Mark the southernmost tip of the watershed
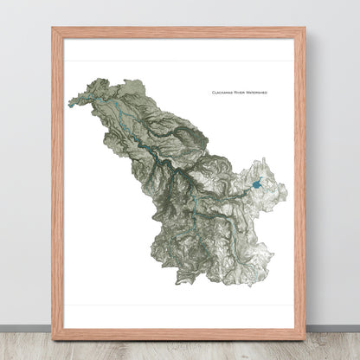point(183,283)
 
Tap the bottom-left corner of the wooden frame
point(53,338)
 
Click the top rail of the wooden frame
point(179,33)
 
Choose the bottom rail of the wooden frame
point(179,334)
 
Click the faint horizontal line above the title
point(179,61)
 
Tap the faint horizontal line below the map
point(179,304)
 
